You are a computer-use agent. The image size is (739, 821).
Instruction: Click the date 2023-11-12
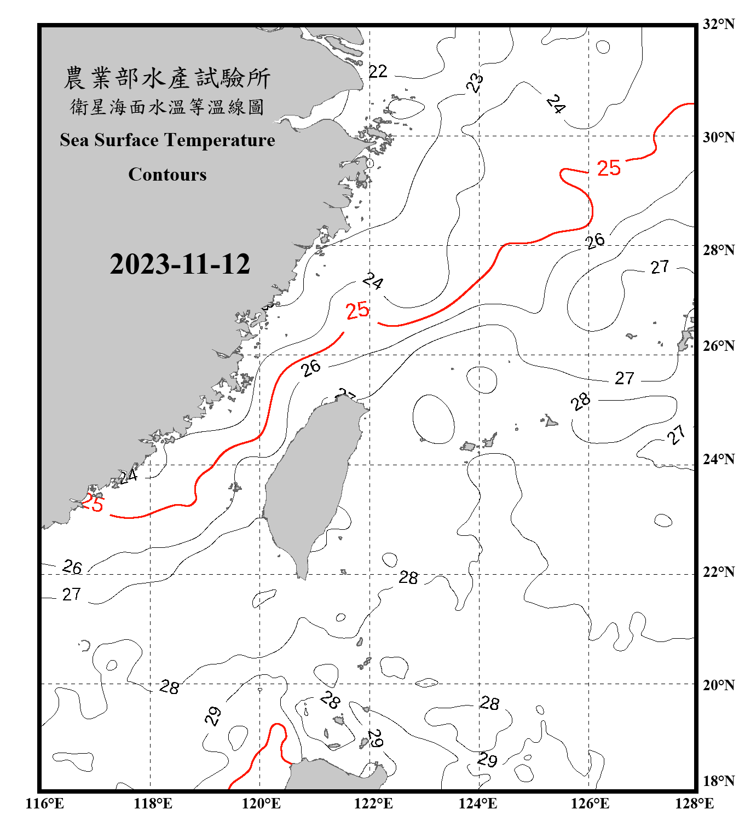click(x=180, y=264)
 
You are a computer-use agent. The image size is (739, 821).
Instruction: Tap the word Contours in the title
click(x=168, y=175)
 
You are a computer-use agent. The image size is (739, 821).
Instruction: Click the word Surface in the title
click(x=126, y=140)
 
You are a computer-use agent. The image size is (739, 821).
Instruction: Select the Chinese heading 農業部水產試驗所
click(x=167, y=78)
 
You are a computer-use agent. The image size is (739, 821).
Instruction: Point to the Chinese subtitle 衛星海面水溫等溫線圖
click(x=167, y=107)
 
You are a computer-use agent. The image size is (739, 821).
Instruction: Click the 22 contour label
click(x=378, y=71)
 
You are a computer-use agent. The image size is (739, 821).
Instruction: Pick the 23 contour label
click(x=475, y=83)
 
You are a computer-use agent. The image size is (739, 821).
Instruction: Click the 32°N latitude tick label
click(x=718, y=24)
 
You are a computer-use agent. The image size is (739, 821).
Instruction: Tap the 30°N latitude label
click(x=718, y=137)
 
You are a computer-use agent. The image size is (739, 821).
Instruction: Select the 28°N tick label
click(x=718, y=250)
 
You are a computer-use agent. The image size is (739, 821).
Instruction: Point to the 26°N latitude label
click(x=718, y=346)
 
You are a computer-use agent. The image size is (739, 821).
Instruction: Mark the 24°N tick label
click(x=718, y=459)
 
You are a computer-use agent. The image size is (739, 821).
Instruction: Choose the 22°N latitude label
click(x=718, y=572)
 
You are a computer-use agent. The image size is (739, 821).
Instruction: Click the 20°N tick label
click(x=718, y=685)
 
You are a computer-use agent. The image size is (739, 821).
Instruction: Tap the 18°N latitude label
click(x=718, y=781)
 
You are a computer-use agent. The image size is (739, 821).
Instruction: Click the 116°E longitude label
click(x=45, y=803)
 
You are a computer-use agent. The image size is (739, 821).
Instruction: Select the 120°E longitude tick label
click(x=261, y=803)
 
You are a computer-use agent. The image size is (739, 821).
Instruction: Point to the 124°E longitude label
click(x=478, y=803)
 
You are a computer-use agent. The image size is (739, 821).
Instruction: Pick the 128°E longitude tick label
click(x=694, y=803)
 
